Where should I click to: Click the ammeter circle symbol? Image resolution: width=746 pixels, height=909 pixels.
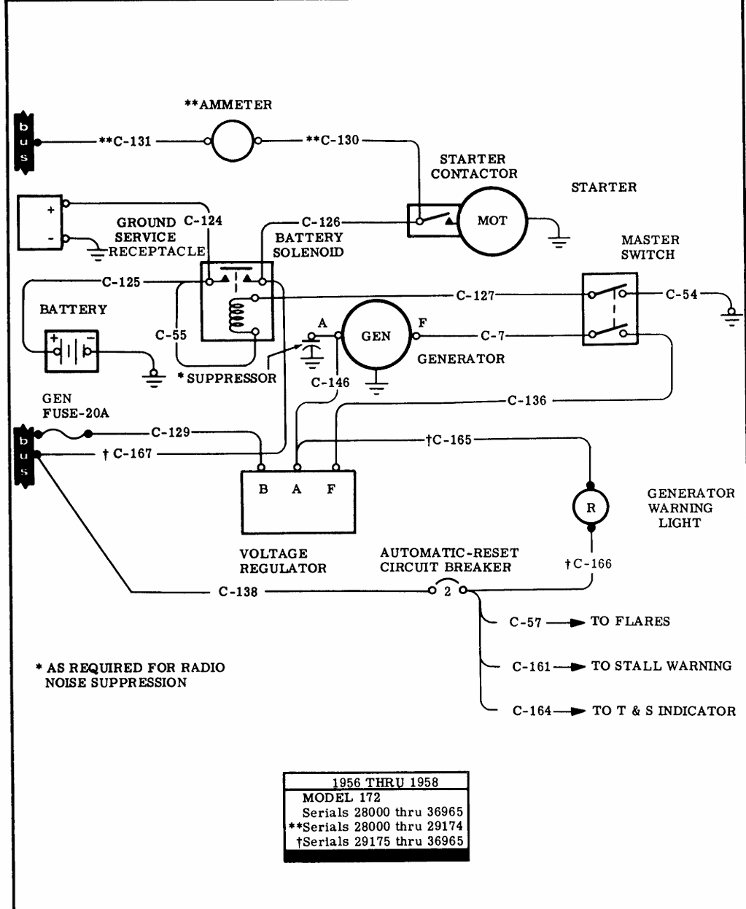(231, 141)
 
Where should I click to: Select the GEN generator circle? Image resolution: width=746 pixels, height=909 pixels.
(376, 336)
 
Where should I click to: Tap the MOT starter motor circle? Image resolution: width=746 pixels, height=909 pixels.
(491, 220)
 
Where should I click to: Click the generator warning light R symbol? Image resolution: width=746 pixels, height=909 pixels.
(591, 507)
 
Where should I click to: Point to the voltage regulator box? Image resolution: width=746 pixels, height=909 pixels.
(298, 502)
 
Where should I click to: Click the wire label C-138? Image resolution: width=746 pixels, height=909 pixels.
(238, 592)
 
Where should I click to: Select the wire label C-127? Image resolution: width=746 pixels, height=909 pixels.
(475, 295)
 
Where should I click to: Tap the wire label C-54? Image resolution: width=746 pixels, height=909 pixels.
(681, 294)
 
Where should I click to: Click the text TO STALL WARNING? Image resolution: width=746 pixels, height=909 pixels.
(661, 666)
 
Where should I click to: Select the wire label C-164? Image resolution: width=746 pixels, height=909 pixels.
(532, 711)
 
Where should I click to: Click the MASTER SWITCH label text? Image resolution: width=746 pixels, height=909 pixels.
(650, 247)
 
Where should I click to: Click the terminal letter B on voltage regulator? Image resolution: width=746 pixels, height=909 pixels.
(263, 489)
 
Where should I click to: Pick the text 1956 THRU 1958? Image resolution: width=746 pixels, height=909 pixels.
(376, 783)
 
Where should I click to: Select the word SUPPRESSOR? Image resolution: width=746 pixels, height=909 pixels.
(232, 378)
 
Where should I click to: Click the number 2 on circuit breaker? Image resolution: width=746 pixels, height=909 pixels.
(448, 592)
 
